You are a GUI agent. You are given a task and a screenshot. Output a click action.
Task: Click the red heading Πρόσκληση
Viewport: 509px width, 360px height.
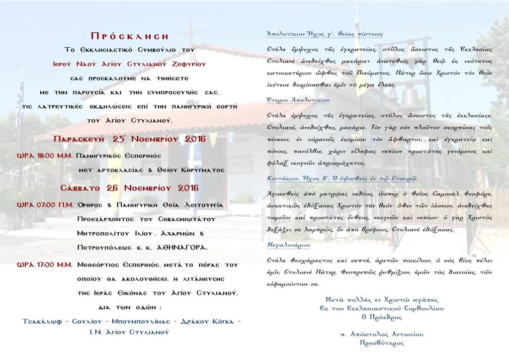130,36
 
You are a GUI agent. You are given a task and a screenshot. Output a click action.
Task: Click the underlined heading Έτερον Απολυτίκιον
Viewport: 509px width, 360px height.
298,100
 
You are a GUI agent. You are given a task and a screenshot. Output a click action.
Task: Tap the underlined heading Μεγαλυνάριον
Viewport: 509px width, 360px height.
288,246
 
